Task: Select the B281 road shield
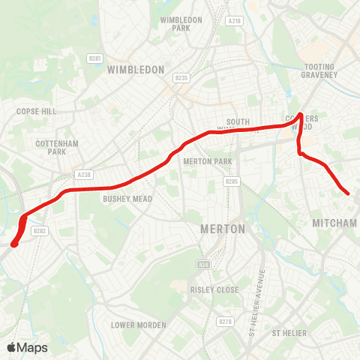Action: coord(94,57)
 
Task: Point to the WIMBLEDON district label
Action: coord(136,70)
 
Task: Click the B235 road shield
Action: coord(181,77)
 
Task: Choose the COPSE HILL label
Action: coord(36,111)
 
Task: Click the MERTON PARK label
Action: coord(208,161)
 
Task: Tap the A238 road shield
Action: coord(83,175)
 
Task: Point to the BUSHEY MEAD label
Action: coord(127,199)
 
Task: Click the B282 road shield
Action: coord(40,232)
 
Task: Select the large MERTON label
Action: coord(223,229)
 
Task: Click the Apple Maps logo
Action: coord(27,347)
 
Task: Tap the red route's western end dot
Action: coord(14,242)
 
